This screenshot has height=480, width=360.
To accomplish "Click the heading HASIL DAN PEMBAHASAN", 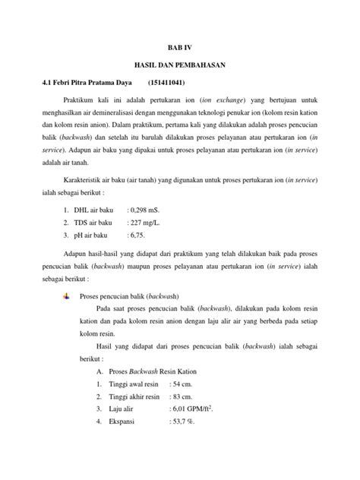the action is (180, 65).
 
